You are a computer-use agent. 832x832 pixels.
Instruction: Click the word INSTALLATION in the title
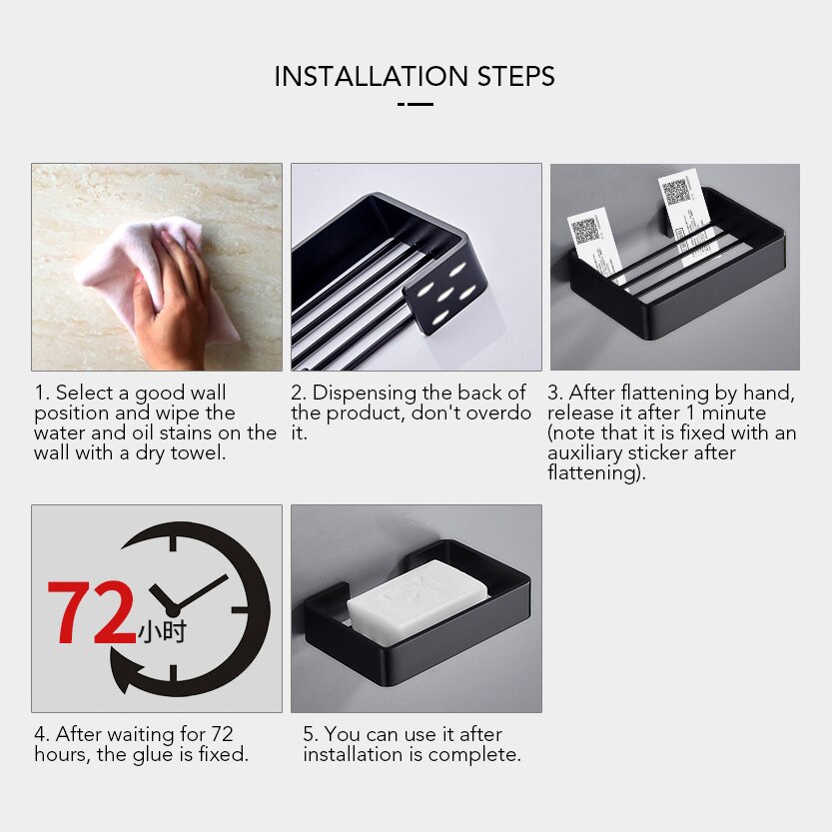[371, 76]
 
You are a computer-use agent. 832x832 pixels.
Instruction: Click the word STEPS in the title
[516, 76]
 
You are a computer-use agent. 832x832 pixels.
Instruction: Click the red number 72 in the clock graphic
[91, 612]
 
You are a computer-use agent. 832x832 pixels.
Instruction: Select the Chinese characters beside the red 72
[162, 631]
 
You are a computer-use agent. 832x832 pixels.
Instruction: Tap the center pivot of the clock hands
[173, 610]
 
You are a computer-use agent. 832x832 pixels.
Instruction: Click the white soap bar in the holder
[417, 602]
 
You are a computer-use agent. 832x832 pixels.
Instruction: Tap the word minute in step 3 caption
[734, 413]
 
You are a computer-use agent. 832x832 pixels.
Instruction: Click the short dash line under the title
[416, 104]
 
